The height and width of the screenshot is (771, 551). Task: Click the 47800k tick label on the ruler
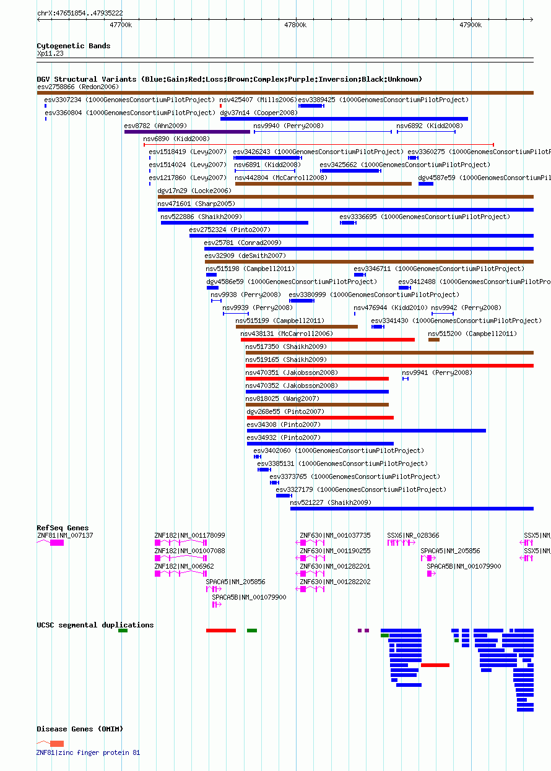295,25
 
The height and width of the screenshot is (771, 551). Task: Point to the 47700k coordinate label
121,25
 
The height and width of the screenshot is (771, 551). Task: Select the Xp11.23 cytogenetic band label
50,53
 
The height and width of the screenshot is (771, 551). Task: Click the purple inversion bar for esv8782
187,132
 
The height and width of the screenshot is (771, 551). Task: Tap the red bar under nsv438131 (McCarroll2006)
328,340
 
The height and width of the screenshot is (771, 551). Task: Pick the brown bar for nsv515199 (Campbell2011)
297,327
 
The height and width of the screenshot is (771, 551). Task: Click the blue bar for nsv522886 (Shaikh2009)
235,223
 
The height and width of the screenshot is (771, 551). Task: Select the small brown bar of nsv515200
434,340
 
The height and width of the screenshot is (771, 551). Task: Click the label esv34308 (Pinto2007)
284,424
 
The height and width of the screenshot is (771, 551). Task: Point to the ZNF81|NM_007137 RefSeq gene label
65,535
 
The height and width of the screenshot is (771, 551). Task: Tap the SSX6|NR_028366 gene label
413,535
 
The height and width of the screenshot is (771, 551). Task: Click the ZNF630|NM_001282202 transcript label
335,582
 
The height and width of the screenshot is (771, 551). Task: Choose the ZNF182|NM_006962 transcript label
184,566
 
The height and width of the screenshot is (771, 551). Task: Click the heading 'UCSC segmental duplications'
95,625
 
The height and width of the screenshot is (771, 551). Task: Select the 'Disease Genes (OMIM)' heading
80,729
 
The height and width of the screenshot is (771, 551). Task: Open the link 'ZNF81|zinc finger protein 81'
88,753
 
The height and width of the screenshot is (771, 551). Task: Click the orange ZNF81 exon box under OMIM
57,744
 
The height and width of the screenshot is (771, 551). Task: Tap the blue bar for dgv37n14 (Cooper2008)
344,119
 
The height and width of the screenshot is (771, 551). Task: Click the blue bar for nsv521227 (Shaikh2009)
412,509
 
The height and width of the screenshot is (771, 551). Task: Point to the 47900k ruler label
471,25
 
